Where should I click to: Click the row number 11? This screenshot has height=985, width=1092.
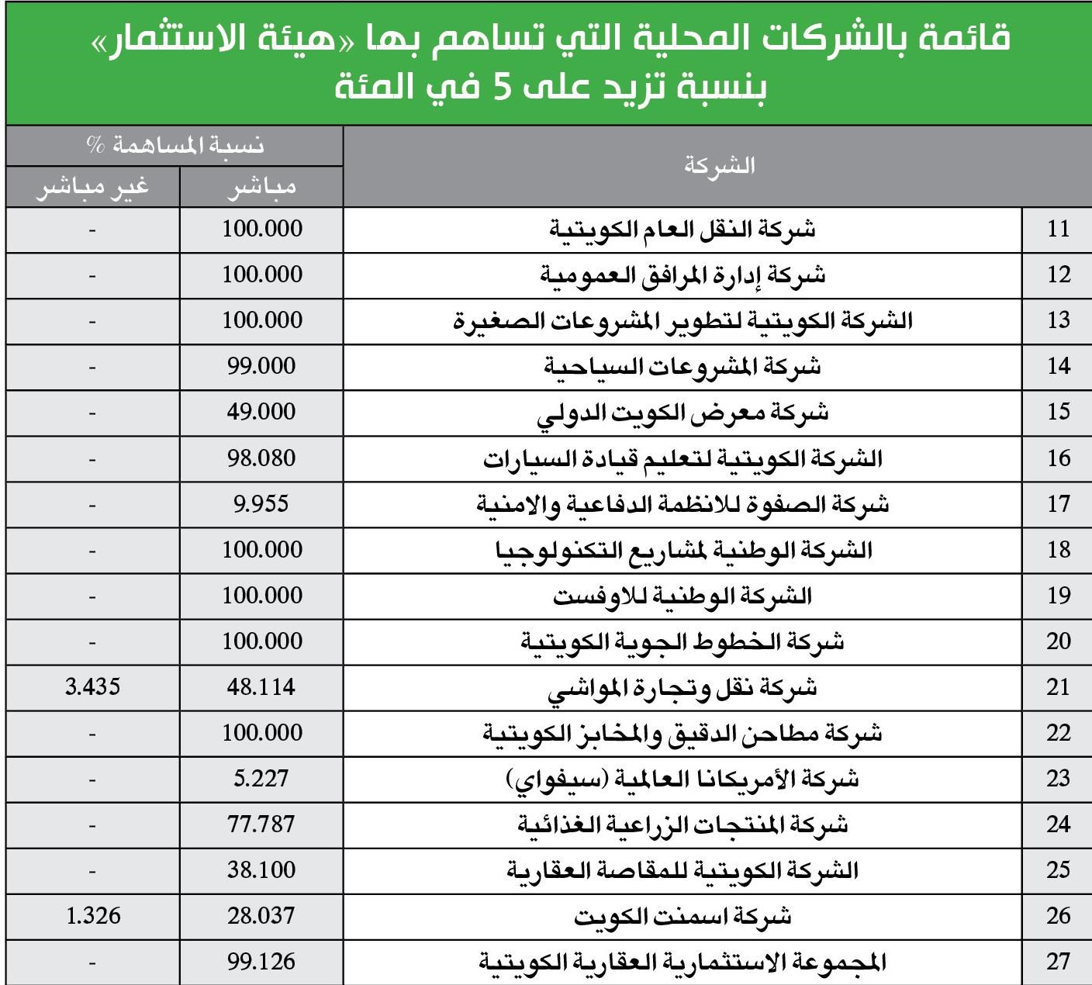[1058, 230]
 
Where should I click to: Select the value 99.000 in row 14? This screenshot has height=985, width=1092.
[261, 366]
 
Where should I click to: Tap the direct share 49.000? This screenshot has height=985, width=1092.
[261, 412]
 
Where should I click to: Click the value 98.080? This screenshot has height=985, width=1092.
[261, 458]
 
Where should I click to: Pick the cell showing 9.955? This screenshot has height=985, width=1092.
[261, 504]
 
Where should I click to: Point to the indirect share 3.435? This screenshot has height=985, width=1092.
[92, 687]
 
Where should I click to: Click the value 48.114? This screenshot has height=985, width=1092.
[261, 687]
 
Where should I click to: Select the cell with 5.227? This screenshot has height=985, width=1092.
[261, 779]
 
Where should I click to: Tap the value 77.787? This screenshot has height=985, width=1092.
[261, 824]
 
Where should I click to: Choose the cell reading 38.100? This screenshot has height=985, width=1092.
[261, 870]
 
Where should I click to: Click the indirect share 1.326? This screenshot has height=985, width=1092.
[93, 916]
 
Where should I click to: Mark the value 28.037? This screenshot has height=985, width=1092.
[261, 916]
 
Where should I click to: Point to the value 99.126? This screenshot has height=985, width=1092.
[261, 963]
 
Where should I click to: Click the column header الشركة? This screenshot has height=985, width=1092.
[719, 166]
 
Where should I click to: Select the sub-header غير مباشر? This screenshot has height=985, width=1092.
[92, 188]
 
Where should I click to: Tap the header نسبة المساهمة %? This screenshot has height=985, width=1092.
[175, 145]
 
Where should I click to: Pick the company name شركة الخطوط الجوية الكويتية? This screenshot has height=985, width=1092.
[682, 642]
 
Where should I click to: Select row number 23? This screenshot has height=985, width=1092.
[1058, 779]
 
